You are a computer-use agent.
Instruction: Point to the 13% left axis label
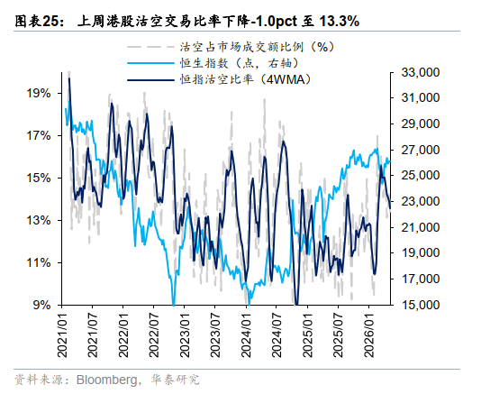(x=39, y=220)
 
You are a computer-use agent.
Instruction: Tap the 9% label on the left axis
(x=41, y=305)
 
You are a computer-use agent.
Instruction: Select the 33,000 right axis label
(x=421, y=72)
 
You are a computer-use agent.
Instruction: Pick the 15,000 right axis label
(x=421, y=305)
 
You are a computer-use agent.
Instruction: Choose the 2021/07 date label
(x=93, y=334)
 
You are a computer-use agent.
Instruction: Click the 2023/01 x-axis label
(x=185, y=334)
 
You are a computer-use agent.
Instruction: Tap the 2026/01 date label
(x=369, y=334)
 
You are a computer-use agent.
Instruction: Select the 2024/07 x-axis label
(x=277, y=334)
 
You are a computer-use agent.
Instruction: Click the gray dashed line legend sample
(x=150, y=47)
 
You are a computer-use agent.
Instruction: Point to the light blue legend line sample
(x=150, y=63)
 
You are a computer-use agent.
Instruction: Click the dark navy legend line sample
(x=150, y=80)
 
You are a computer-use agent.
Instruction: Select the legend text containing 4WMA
(x=245, y=80)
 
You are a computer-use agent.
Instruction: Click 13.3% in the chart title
(x=340, y=21)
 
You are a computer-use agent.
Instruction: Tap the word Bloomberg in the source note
(x=107, y=380)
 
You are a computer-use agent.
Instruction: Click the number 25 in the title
(x=50, y=21)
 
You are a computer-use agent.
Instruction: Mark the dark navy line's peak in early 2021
(x=69, y=78)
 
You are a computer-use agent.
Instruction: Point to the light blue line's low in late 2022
(x=174, y=305)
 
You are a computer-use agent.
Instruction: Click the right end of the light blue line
(x=390, y=160)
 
